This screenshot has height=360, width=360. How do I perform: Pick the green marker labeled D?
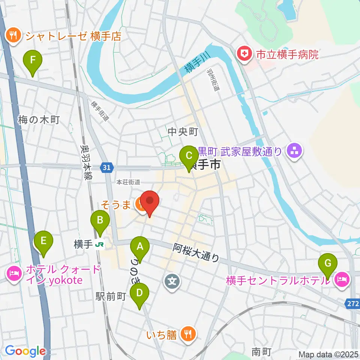click(x=139, y=292)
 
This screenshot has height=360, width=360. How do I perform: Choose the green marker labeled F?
click(x=33, y=60)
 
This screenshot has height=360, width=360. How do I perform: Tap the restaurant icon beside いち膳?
click(x=186, y=333)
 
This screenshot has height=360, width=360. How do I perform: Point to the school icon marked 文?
click(x=172, y=280)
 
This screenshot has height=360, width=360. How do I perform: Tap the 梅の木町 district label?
click(x=39, y=120)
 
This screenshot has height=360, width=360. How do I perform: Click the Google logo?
click(x=25, y=351)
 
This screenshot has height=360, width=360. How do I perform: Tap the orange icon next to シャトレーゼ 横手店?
click(x=13, y=36)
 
